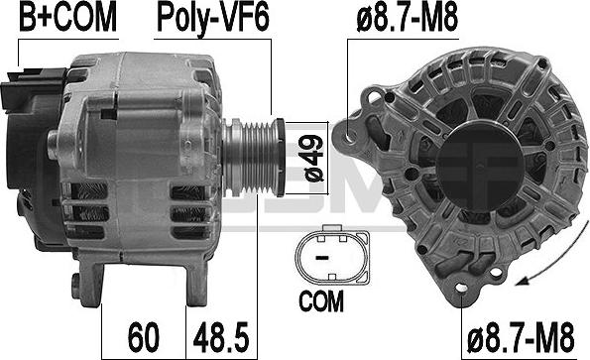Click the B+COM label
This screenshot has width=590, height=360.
tap(68, 17)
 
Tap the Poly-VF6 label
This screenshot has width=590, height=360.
tap(213, 18)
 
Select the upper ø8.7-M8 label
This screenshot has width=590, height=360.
tap(408, 18)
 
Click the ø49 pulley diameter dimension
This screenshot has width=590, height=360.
tap(313, 159)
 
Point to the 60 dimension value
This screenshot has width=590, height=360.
tap(144, 336)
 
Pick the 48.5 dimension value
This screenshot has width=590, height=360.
tap(221, 336)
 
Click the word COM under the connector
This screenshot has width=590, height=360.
tap(321, 300)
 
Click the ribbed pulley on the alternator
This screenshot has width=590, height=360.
tap(253, 157)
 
